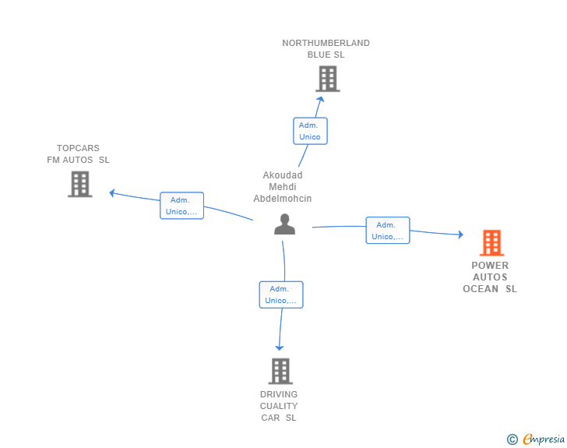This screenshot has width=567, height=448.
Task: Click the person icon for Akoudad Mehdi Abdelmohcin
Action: coord(284,224)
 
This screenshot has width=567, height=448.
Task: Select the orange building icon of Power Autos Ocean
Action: coord(491,243)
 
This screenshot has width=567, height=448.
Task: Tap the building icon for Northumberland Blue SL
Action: coord(328,79)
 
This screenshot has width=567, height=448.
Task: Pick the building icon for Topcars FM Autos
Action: coord(80,184)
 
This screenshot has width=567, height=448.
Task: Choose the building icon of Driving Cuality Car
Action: coord(280,371)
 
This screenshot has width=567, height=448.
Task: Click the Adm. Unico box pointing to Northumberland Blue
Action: coord(310,131)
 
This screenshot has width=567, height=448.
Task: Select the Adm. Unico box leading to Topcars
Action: coord(182,206)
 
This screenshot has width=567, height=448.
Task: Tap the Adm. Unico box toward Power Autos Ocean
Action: coord(388,230)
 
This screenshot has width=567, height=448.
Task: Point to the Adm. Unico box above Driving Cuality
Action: coord(281,295)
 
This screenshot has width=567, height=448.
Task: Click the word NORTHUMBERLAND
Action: coord(326,43)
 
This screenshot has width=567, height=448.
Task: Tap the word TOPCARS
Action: coord(78,148)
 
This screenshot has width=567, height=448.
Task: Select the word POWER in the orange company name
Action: coord(490,265)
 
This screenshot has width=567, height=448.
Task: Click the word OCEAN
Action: coord(481,289)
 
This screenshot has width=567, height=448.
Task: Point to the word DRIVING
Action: coord(279,394)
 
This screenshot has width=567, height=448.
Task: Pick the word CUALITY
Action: coord(279,406)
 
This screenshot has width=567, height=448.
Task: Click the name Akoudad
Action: coord(283,175)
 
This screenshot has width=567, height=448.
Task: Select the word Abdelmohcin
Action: coord(283,199)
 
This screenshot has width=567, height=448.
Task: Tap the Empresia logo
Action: coord(536,439)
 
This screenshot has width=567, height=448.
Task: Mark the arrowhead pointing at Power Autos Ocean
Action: coord(460,235)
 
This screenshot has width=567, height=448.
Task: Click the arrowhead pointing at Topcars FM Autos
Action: coord(112,193)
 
